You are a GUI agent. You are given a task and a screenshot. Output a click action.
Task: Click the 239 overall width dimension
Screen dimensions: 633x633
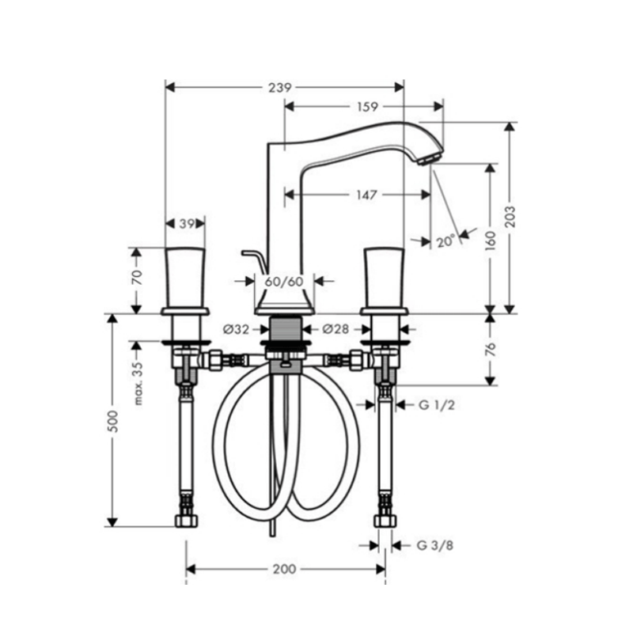(280, 88)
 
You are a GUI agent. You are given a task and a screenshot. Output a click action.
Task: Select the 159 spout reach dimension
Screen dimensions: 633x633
(367, 107)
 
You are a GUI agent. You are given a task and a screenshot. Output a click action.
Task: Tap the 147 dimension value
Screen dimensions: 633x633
(366, 195)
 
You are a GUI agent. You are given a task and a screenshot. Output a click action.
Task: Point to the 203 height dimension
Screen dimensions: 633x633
(510, 216)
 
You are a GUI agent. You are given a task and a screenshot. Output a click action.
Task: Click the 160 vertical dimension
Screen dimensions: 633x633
(491, 241)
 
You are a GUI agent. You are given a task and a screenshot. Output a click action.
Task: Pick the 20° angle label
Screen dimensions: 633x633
(445, 242)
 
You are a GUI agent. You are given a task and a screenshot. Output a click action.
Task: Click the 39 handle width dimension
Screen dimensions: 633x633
(187, 224)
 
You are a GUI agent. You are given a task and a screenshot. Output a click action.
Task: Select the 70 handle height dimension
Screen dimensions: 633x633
(137, 278)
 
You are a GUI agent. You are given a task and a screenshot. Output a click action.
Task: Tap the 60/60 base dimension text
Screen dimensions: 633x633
(284, 282)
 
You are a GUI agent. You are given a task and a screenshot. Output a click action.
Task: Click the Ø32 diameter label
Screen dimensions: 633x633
(236, 329)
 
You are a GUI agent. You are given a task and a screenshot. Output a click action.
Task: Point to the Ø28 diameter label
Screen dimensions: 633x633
(335, 329)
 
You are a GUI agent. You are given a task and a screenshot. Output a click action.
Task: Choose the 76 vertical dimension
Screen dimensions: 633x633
(491, 350)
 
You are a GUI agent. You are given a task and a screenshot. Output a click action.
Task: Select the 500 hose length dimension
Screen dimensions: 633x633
(114, 422)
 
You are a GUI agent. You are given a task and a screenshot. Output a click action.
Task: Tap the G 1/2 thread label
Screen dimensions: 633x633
(437, 405)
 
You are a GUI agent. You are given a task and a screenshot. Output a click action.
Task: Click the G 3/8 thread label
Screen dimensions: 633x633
(434, 546)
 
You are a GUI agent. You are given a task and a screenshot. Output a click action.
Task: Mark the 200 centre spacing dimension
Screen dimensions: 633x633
(285, 569)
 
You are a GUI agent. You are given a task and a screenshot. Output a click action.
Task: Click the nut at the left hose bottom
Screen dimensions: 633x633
(187, 521)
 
